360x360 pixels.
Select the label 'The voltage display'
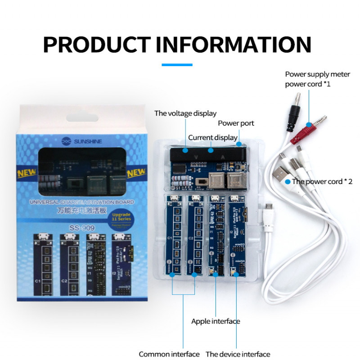pyautogui.click(x=185, y=113)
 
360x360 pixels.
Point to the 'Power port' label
pyautogui.click(x=236, y=123)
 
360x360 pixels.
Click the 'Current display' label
pyautogui.click(x=213, y=137)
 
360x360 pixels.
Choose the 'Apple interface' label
pyautogui.click(x=216, y=321)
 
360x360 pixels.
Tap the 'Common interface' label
pyautogui.click(x=169, y=354)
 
